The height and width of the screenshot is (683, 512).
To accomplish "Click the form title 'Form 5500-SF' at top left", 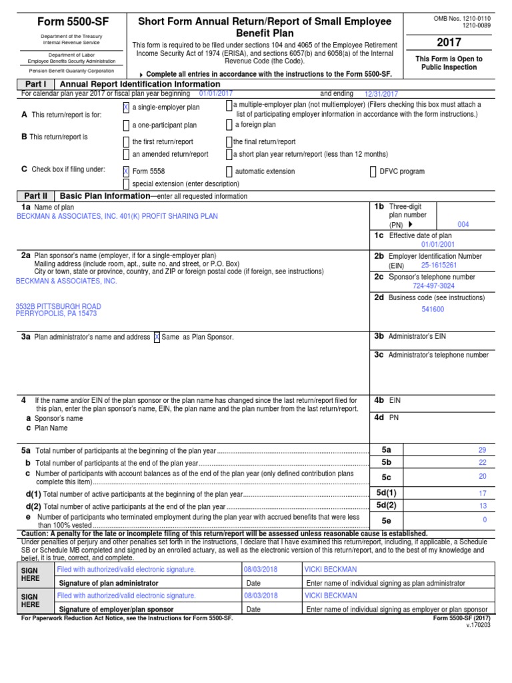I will pyautogui.click(x=74, y=22).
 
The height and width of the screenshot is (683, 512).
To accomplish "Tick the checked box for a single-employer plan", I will pyautogui.click(x=127, y=107).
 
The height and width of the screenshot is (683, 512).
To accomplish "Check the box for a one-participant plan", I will pyautogui.click(x=127, y=125).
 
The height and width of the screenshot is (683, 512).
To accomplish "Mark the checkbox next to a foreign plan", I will pyautogui.click(x=229, y=125).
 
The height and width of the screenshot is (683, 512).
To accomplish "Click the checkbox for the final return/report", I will pyautogui.click(x=229, y=141).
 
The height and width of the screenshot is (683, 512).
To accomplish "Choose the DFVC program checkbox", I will pyautogui.click(x=373, y=171).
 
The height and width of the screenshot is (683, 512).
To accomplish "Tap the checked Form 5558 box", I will pyautogui.click(x=127, y=171).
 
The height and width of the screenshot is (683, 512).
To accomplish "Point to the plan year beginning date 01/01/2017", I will pyautogui.click(x=216, y=94).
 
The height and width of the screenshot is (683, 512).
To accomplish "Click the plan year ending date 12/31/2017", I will pyautogui.click(x=381, y=95).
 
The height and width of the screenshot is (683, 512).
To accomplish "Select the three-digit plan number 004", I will pyautogui.click(x=463, y=225).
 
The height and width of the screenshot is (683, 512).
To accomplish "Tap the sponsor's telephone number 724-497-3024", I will pyautogui.click(x=433, y=285).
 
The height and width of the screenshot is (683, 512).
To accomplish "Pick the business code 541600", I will pyautogui.click(x=433, y=309).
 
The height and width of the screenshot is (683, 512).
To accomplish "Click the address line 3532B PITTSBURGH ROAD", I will pyautogui.click(x=59, y=306).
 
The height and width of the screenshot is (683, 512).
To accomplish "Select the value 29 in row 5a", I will pyautogui.click(x=482, y=451).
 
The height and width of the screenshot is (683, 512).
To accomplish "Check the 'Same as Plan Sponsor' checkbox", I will pyautogui.click(x=157, y=337).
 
